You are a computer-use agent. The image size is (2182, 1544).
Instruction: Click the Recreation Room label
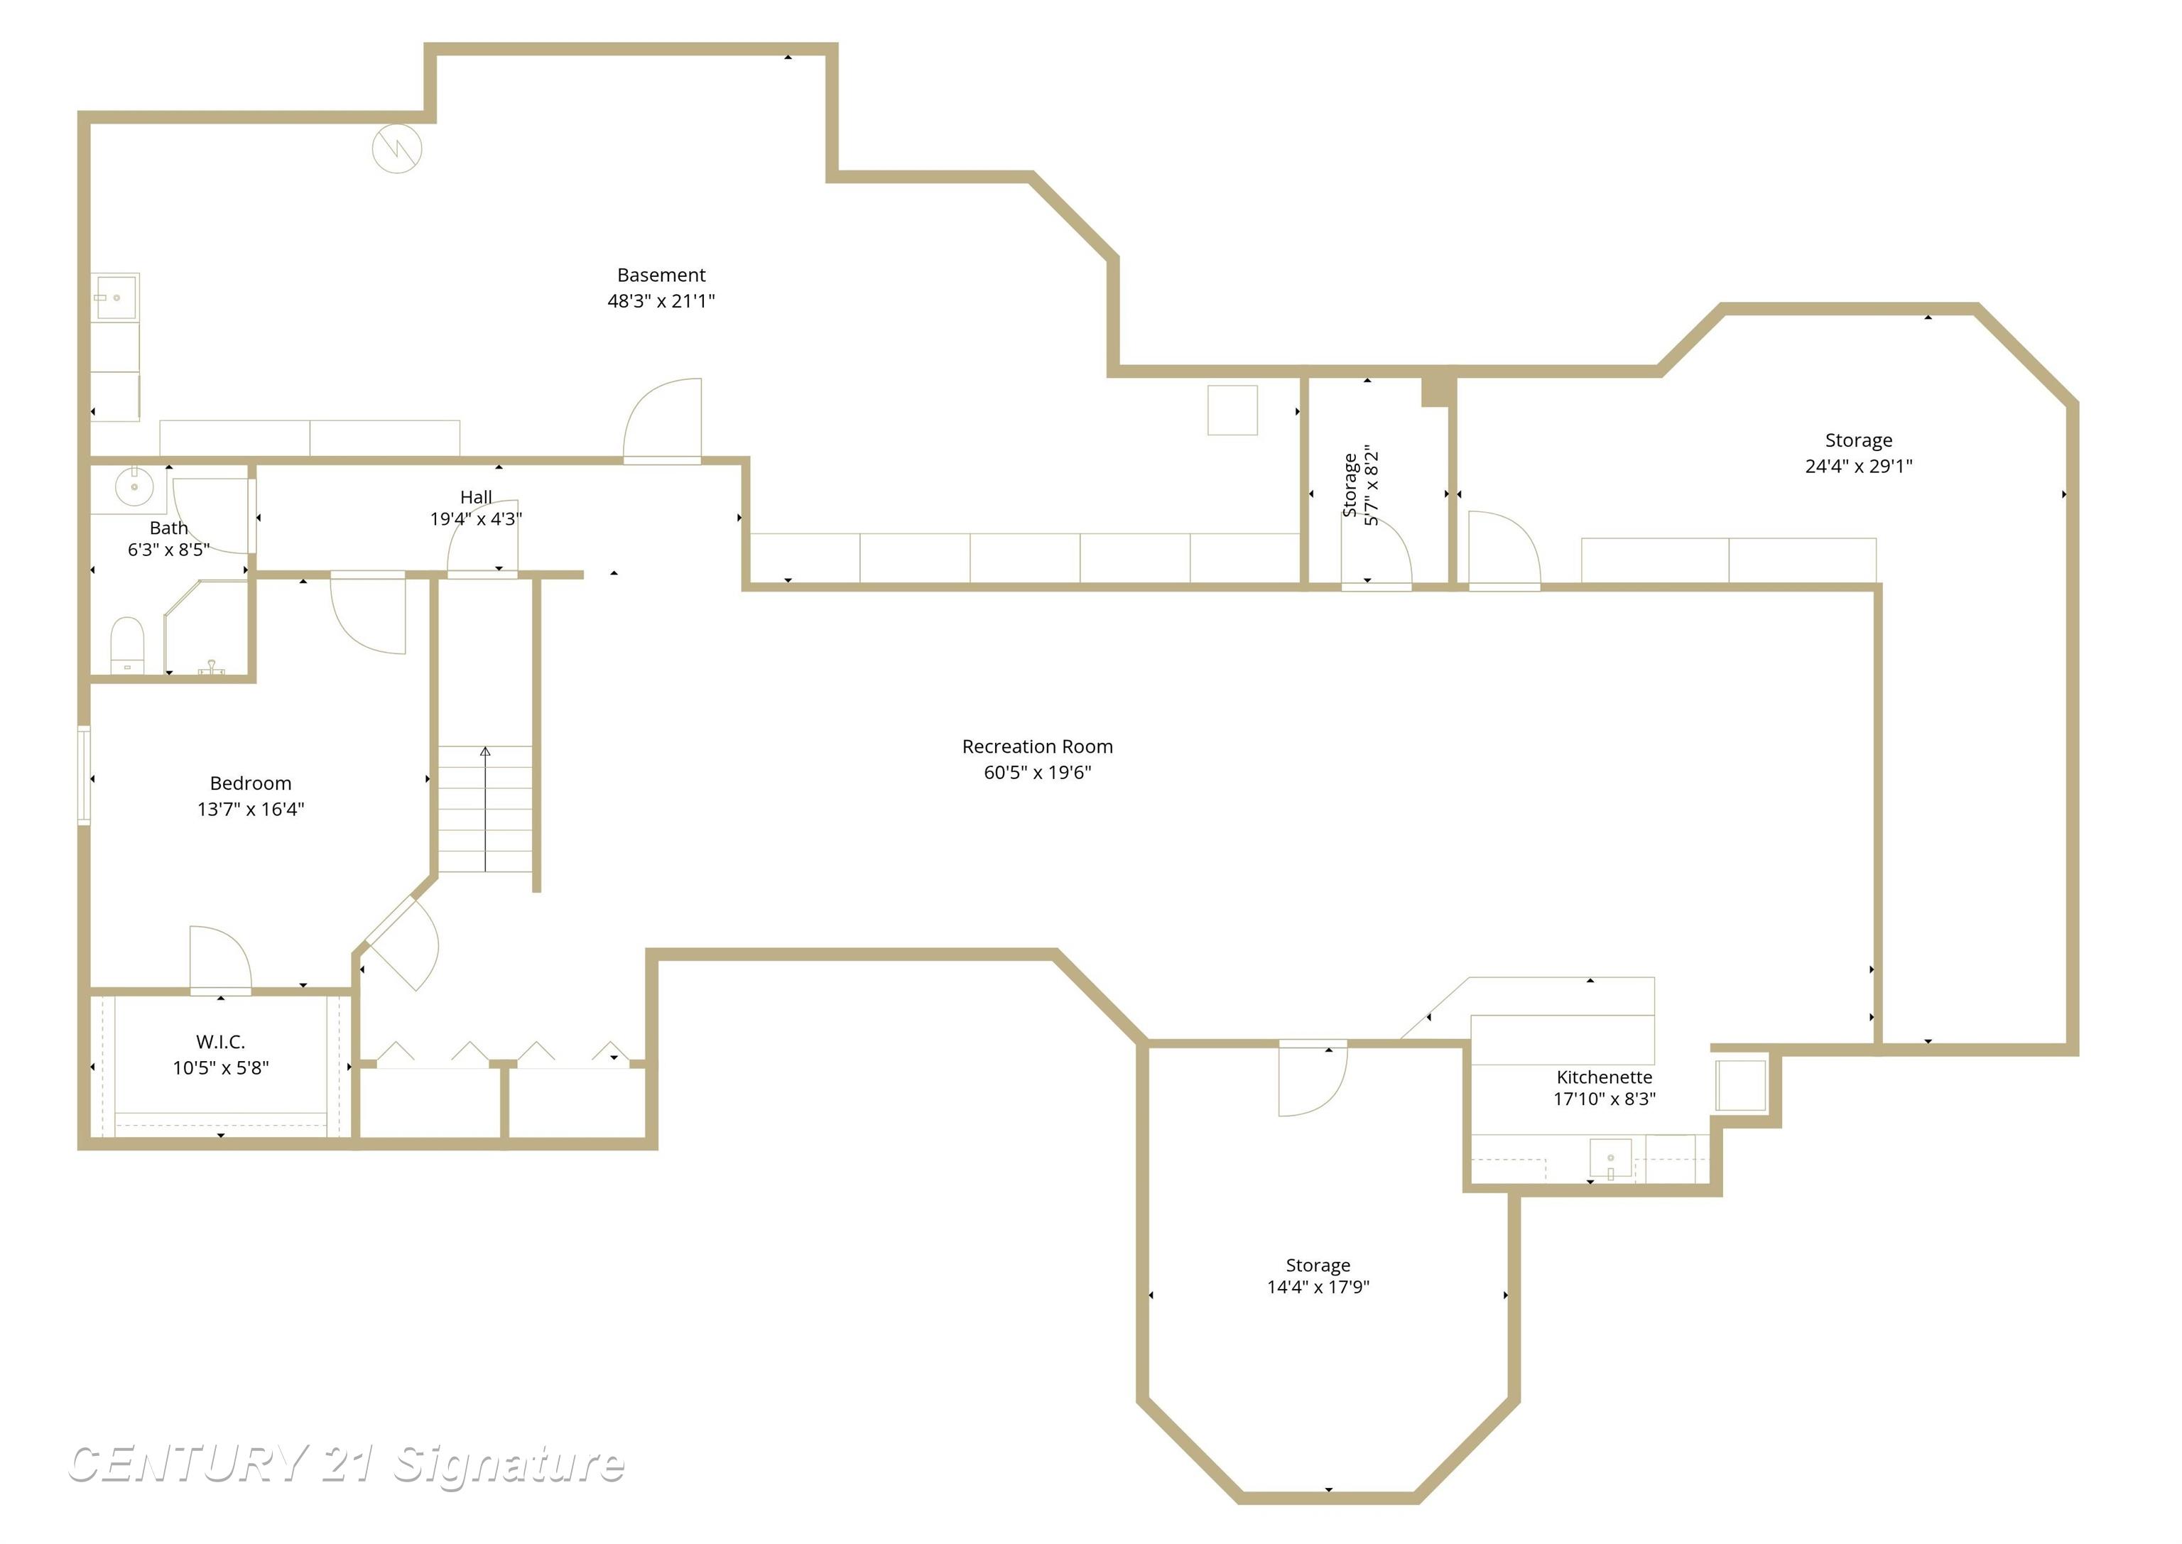tap(1036, 746)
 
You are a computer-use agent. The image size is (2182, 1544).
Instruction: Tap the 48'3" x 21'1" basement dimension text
tap(661, 300)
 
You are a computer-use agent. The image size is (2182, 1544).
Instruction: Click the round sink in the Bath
tap(134, 486)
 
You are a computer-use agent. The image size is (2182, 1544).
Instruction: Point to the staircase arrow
tap(485, 808)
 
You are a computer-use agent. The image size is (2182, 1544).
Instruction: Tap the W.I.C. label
tap(221, 1041)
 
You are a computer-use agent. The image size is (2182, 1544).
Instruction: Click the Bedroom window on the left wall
tap(84, 775)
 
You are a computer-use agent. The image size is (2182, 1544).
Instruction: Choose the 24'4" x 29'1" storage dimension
tap(1858, 466)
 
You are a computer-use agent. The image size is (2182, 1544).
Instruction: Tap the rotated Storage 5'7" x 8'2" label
tap(1359, 485)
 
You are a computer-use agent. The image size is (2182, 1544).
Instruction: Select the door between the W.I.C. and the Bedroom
tap(221, 960)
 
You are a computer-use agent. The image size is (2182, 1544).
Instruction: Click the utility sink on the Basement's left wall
tap(116, 298)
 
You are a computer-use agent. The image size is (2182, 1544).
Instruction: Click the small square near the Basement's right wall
tap(1232, 410)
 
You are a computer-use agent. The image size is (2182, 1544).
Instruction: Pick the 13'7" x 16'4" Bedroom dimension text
tap(250, 809)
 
